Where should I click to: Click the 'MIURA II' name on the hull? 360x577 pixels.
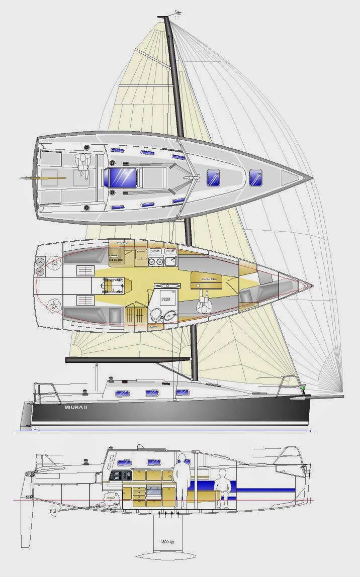[x=79, y=408]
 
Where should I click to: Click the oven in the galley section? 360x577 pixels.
[x=151, y=501]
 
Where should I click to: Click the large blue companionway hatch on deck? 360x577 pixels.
[x=118, y=177]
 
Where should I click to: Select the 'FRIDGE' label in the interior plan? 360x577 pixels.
[x=141, y=251]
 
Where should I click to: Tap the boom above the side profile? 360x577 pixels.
[x=128, y=359]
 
